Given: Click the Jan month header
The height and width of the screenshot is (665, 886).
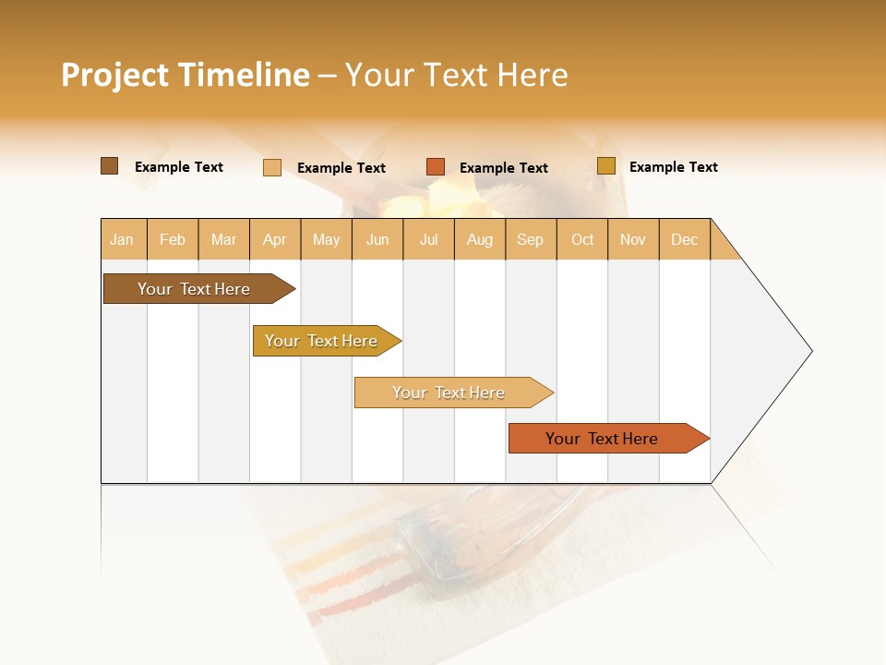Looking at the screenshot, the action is pyautogui.click(x=123, y=239).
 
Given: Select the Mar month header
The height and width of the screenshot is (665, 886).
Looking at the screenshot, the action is pyautogui.click(x=223, y=239).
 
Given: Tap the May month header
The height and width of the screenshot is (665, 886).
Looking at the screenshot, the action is pyautogui.click(x=326, y=239).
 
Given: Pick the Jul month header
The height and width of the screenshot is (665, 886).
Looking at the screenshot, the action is pyautogui.click(x=428, y=239).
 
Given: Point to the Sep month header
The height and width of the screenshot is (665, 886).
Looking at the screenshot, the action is pyautogui.click(x=530, y=239).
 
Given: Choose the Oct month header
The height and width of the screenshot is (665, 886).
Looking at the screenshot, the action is pyautogui.click(x=581, y=239).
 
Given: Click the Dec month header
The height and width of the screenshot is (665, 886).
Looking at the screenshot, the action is pyautogui.click(x=684, y=239).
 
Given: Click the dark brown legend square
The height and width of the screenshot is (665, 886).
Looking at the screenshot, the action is pyautogui.click(x=109, y=166).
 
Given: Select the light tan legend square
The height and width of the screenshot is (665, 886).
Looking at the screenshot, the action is pyautogui.click(x=272, y=167).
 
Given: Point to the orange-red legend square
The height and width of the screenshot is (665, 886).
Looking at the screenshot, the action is pyautogui.click(x=436, y=167).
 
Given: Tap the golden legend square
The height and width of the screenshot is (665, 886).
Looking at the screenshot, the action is pyautogui.click(x=606, y=166).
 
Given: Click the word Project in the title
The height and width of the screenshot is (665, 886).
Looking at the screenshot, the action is pyautogui.click(x=114, y=75).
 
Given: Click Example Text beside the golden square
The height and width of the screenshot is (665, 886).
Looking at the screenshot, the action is pyautogui.click(x=673, y=167).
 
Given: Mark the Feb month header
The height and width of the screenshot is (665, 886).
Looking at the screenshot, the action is pyautogui.click(x=173, y=239).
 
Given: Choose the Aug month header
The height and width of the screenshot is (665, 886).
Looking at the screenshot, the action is pyautogui.click(x=479, y=239).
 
